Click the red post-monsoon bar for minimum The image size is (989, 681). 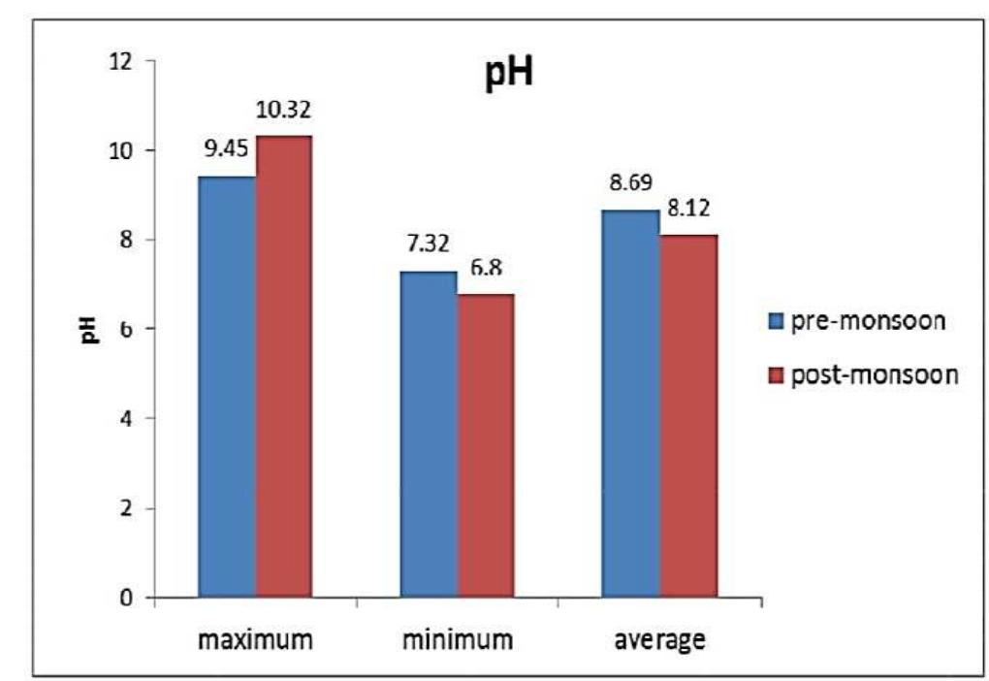pyautogui.click(x=486, y=445)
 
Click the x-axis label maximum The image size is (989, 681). pyautogui.click(x=255, y=640)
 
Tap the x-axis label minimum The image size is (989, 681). pyautogui.click(x=457, y=640)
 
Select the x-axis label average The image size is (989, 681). pyautogui.click(x=659, y=640)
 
